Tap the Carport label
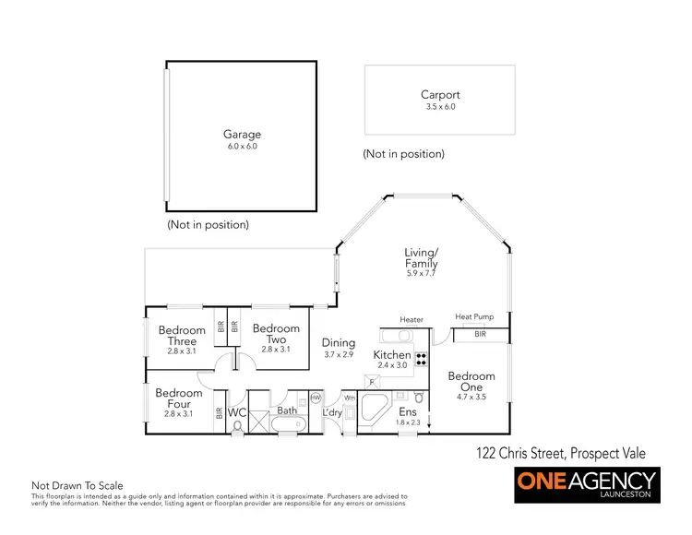point(440,94)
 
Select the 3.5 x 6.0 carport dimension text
point(440,107)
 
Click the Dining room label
point(339,342)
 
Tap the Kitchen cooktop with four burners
point(422,359)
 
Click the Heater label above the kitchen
point(412,320)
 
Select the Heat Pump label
point(474,317)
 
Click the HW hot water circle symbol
point(316,398)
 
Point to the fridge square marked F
point(372,380)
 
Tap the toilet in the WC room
point(238,427)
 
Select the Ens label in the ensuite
point(407,411)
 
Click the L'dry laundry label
point(332,412)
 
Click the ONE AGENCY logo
point(586,484)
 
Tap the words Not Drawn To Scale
point(78,485)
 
